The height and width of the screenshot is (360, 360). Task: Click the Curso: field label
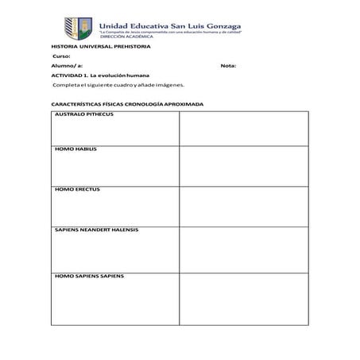pyautogui.click(x=61, y=56)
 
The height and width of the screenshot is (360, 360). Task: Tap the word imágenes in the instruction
pyautogui.click(x=168, y=84)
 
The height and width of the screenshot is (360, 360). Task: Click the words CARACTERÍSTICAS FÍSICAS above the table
pyautogui.click(x=85, y=104)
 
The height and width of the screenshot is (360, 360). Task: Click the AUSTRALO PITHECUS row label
pyautogui.click(x=84, y=114)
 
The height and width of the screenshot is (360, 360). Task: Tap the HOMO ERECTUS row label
pyautogui.click(x=77, y=189)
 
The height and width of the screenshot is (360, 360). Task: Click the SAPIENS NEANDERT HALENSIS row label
pyautogui.click(x=96, y=230)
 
